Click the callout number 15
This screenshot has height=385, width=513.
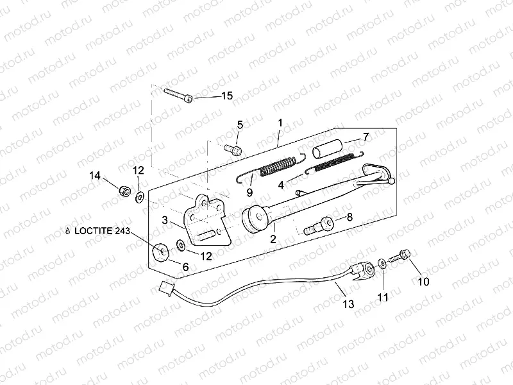[227, 96]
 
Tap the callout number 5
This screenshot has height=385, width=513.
[240, 124]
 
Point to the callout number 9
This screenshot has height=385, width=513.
[250, 192]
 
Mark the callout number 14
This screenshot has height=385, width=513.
[95, 176]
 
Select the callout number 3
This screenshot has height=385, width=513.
[165, 220]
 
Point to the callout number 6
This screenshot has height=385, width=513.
[186, 266]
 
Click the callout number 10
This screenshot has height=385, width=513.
[424, 281]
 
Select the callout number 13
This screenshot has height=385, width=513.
[348, 304]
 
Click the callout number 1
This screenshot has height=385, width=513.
[280, 122]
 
